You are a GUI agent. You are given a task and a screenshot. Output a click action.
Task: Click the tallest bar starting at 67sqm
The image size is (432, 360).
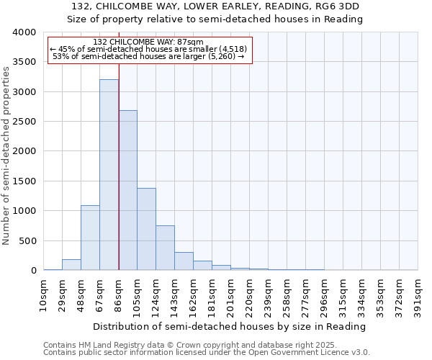point(109,175)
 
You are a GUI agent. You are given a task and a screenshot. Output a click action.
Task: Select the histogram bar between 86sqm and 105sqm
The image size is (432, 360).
point(127,190)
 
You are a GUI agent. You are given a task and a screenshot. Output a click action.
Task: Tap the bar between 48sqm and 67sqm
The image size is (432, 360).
point(90,238)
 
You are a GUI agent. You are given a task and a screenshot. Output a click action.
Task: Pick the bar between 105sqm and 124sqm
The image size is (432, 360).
point(146,229)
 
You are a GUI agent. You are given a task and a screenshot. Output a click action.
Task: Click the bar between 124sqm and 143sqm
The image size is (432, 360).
point(165,248)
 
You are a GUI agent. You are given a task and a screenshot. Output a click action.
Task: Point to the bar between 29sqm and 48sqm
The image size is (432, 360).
point(71,264)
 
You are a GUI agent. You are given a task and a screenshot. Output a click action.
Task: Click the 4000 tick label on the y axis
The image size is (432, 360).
point(24,33)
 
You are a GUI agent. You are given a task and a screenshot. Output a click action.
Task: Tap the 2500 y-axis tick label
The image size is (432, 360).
point(24,122)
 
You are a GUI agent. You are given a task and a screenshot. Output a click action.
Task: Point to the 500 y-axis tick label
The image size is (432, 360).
point(27,240)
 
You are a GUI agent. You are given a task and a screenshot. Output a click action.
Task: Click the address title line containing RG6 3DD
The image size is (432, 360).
point(220,6)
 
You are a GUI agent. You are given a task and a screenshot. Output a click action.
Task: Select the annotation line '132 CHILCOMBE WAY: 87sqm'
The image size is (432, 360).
point(149,42)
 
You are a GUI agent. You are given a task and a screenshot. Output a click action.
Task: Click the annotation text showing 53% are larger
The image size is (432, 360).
point(149,56)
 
